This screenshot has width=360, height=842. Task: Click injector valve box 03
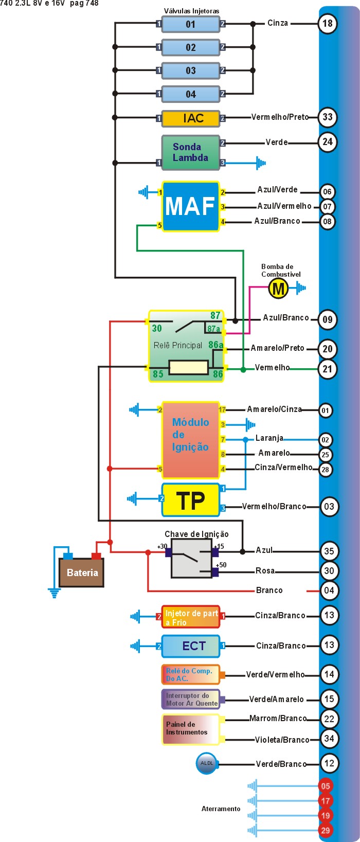pyautogui.click(x=190, y=70)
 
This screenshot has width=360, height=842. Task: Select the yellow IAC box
pyautogui.click(x=190, y=118)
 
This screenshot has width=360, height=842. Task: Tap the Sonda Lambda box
pyautogui.click(x=190, y=152)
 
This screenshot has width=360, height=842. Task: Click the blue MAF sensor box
pyautogui.click(x=190, y=206)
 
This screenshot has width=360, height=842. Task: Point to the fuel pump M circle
pyautogui.click(x=278, y=288)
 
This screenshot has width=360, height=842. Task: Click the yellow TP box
pyautogui.click(x=190, y=500)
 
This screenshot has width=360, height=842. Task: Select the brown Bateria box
pyautogui.click(x=82, y=573)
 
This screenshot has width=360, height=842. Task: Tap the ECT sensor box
pyautogui.click(x=190, y=646)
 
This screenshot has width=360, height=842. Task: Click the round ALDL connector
pyautogui.click(x=207, y=763)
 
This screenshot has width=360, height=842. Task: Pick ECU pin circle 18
pyautogui.click(x=328, y=23)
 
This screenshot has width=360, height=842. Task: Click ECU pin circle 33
pyautogui.click(x=328, y=117)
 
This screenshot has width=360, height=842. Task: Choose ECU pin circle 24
pyautogui.click(x=328, y=142)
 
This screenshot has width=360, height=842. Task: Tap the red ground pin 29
pyautogui.click(x=326, y=830)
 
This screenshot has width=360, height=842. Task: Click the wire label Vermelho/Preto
pyautogui.click(x=280, y=117)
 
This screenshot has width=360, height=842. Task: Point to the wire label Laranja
pyautogui.click(x=269, y=438)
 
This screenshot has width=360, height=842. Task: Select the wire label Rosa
pyautogui.click(x=265, y=571)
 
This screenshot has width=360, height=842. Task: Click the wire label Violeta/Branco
pyautogui.click(x=282, y=740)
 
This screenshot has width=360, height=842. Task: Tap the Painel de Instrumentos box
pyautogui.click(x=190, y=729)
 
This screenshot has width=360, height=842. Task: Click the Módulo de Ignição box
pyautogui.click(x=190, y=440)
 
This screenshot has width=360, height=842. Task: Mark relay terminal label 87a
pyautogui.click(x=214, y=329)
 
